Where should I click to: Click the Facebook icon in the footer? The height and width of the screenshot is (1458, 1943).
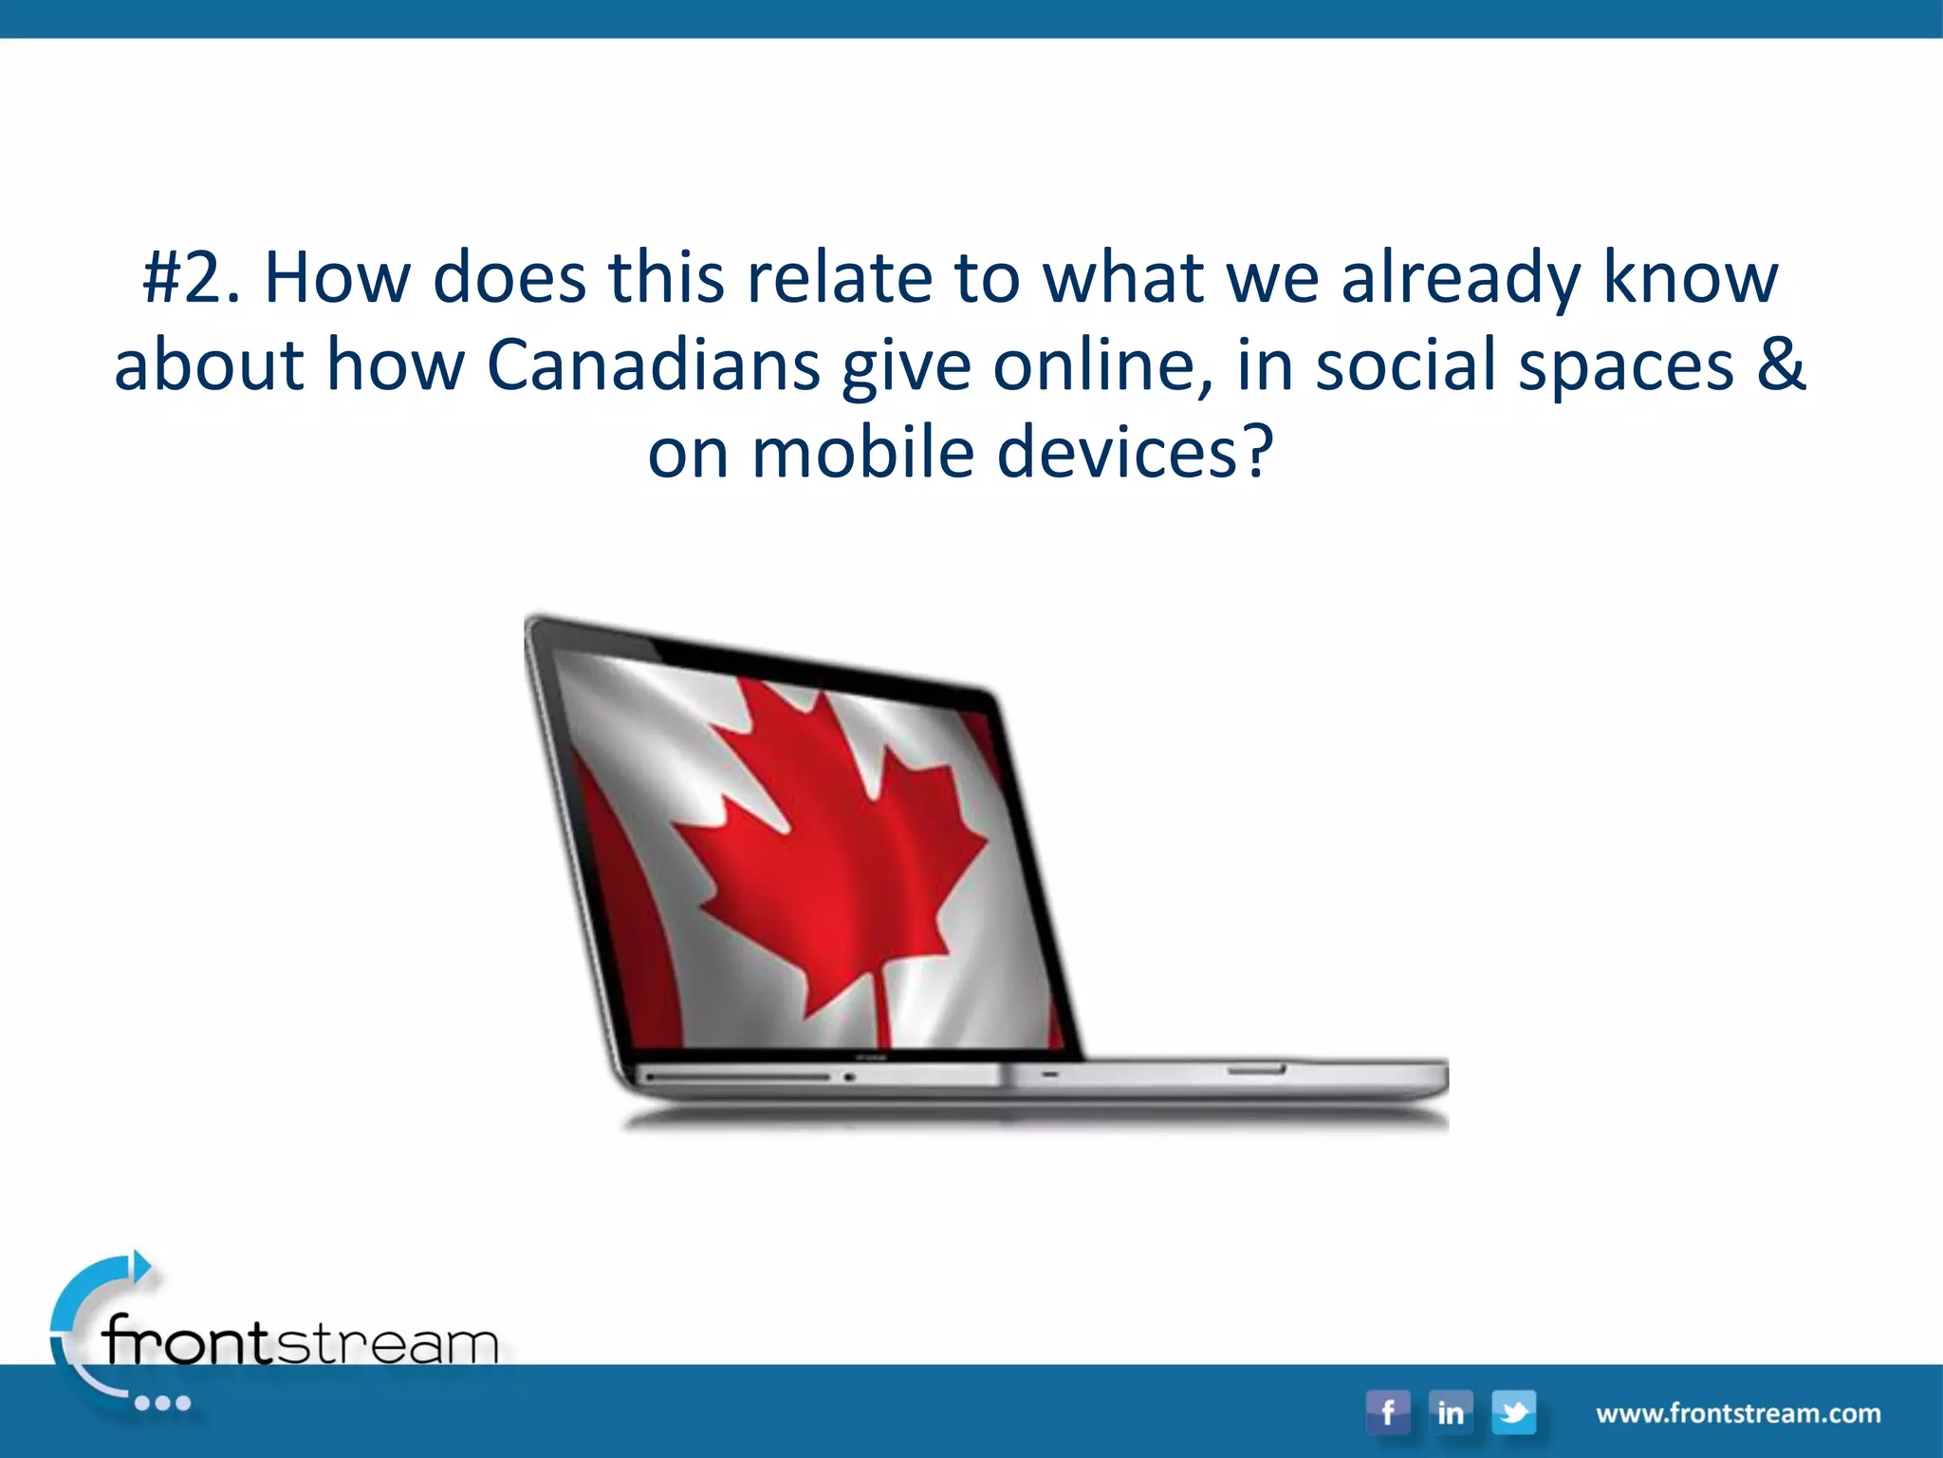click(1387, 1412)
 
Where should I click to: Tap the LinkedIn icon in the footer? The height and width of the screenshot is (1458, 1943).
click(1450, 1412)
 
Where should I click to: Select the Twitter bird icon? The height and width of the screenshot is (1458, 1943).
click(1513, 1412)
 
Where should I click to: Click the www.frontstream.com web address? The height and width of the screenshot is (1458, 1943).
click(1738, 1413)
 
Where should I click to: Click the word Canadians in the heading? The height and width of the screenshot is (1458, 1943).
click(653, 365)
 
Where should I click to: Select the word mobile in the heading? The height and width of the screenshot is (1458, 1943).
click(862, 453)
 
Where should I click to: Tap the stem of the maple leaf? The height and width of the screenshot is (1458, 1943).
click(880, 1006)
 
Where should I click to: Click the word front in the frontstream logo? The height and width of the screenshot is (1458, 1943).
click(188, 1340)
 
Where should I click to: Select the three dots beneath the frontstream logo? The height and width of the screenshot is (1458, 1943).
click(162, 1403)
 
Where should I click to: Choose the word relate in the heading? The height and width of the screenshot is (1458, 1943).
click(840, 278)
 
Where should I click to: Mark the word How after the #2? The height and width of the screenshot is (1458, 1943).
click(337, 278)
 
